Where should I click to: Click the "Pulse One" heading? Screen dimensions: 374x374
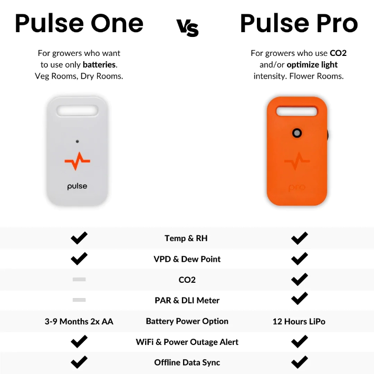tap(79, 24)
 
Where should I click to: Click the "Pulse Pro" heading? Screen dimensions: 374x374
tap(299, 24)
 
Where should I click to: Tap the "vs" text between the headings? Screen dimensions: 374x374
tap(187, 27)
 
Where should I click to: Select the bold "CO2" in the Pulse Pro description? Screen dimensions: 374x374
tap(338, 53)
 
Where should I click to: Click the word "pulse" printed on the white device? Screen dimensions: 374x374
tap(77, 186)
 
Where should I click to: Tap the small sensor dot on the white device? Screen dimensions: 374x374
tap(77, 141)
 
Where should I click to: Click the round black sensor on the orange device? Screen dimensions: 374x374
tap(298, 133)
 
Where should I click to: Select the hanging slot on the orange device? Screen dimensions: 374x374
tap(298, 111)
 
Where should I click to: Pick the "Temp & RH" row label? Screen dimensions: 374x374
tap(186, 238)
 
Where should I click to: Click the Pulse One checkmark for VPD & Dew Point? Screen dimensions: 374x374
tap(79, 259)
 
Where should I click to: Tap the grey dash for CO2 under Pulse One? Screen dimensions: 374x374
tap(79, 280)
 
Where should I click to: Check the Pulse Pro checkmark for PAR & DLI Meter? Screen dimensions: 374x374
tap(299, 299)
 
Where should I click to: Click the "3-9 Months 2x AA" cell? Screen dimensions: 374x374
tap(79, 321)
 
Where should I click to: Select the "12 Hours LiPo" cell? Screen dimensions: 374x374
tap(299, 321)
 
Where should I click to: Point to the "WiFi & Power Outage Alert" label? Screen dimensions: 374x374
tap(187, 342)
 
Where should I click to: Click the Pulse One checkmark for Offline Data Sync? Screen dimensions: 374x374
tap(79, 362)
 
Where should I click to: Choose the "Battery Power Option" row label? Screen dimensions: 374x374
tap(187, 321)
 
